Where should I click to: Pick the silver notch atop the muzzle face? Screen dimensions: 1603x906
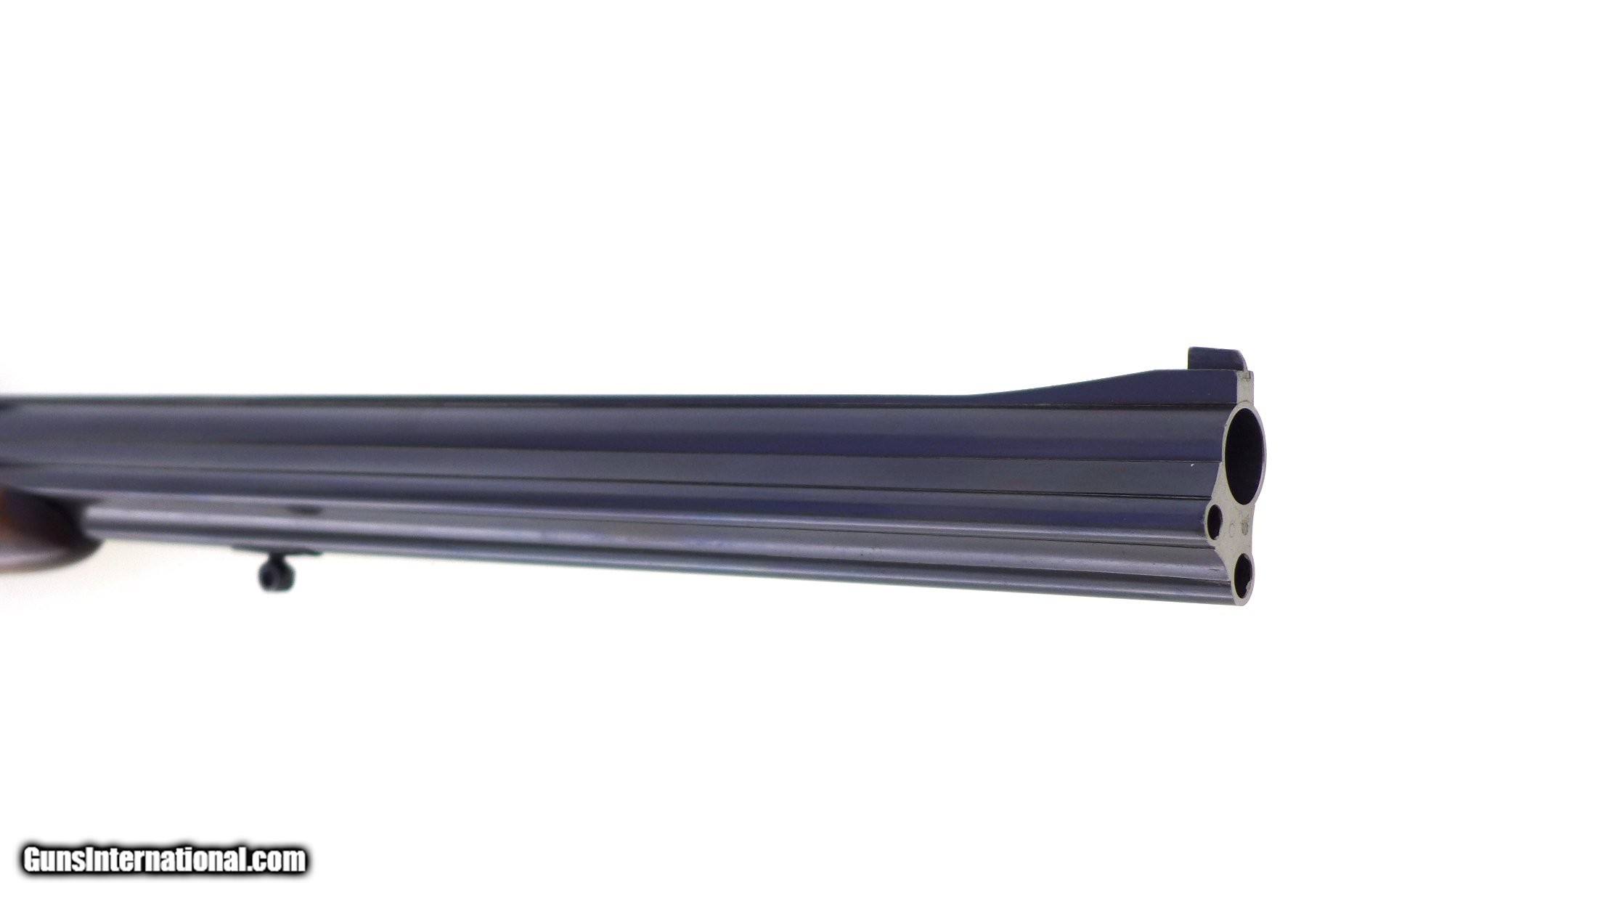click(x=1247, y=379)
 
